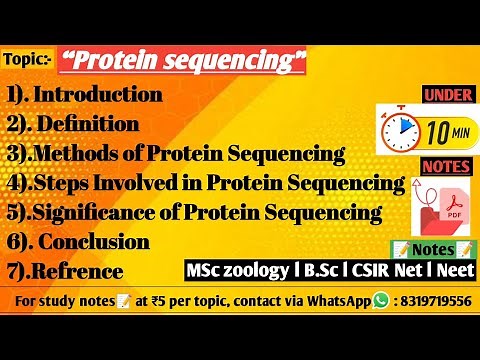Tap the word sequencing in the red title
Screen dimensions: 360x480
(230, 63)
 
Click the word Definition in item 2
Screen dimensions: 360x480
(110, 125)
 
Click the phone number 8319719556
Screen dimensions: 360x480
(435, 300)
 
